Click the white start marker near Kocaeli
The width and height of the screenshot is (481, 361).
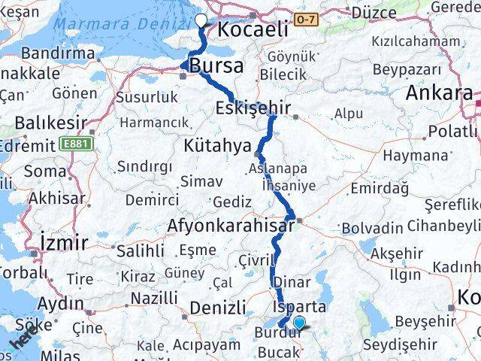click(x=201, y=21)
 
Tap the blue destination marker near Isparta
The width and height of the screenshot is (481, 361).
click(x=299, y=323)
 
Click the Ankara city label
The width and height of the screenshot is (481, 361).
click(x=439, y=93)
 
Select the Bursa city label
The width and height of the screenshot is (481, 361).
click(x=216, y=66)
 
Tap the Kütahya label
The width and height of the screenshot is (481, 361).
click(x=216, y=144)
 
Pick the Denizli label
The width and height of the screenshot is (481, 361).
click(x=218, y=308)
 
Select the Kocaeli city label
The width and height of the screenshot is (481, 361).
click(x=253, y=29)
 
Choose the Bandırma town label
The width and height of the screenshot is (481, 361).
click(x=59, y=53)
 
